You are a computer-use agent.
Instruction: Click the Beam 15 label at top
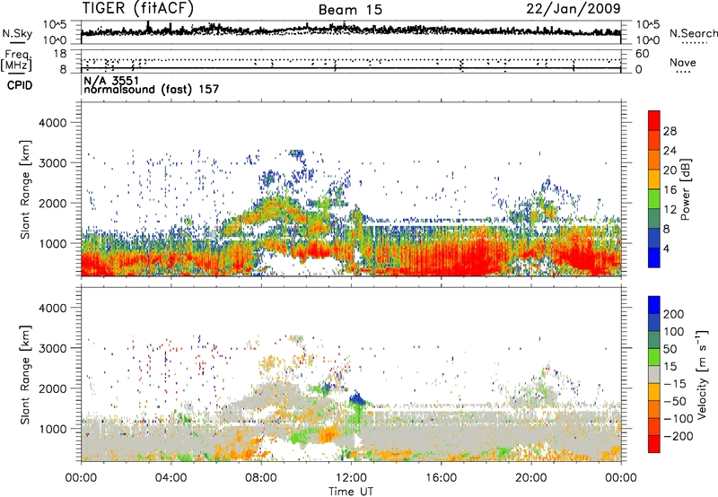point(351,10)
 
